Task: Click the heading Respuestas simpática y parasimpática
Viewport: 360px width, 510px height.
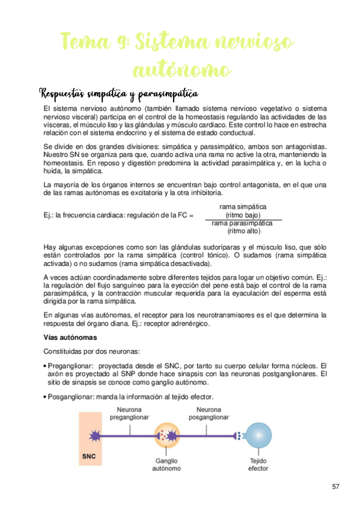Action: pyautogui.click(x=119, y=94)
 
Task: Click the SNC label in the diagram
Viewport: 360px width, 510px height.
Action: pyautogui.click(x=88, y=455)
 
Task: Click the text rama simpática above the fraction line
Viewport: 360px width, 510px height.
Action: pyautogui.click(x=243, y=207)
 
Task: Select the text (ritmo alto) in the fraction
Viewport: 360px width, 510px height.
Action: pyautogui.click(x=243, y=230)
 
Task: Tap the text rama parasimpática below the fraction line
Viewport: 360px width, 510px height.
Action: pyautogui.click(x=242, y=223)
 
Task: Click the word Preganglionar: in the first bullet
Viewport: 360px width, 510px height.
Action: pyautogui.click(x=71, y=365)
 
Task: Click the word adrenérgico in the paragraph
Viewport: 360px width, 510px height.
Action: pyautogui.click(x=190, y=324)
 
